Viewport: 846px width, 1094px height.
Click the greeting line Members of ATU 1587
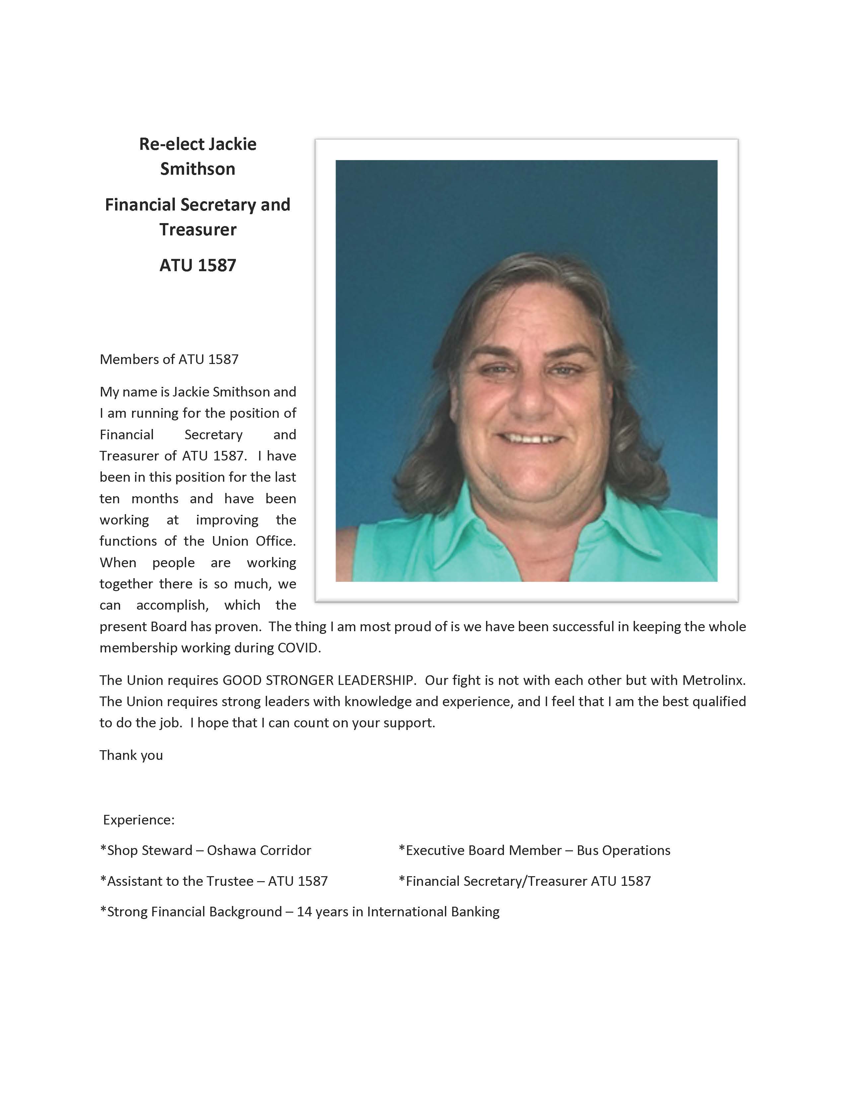pos(169,359)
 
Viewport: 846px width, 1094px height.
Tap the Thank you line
pos(131,755)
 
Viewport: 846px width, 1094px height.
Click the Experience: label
pos(139,820)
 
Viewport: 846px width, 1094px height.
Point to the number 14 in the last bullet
pos(304,911)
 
